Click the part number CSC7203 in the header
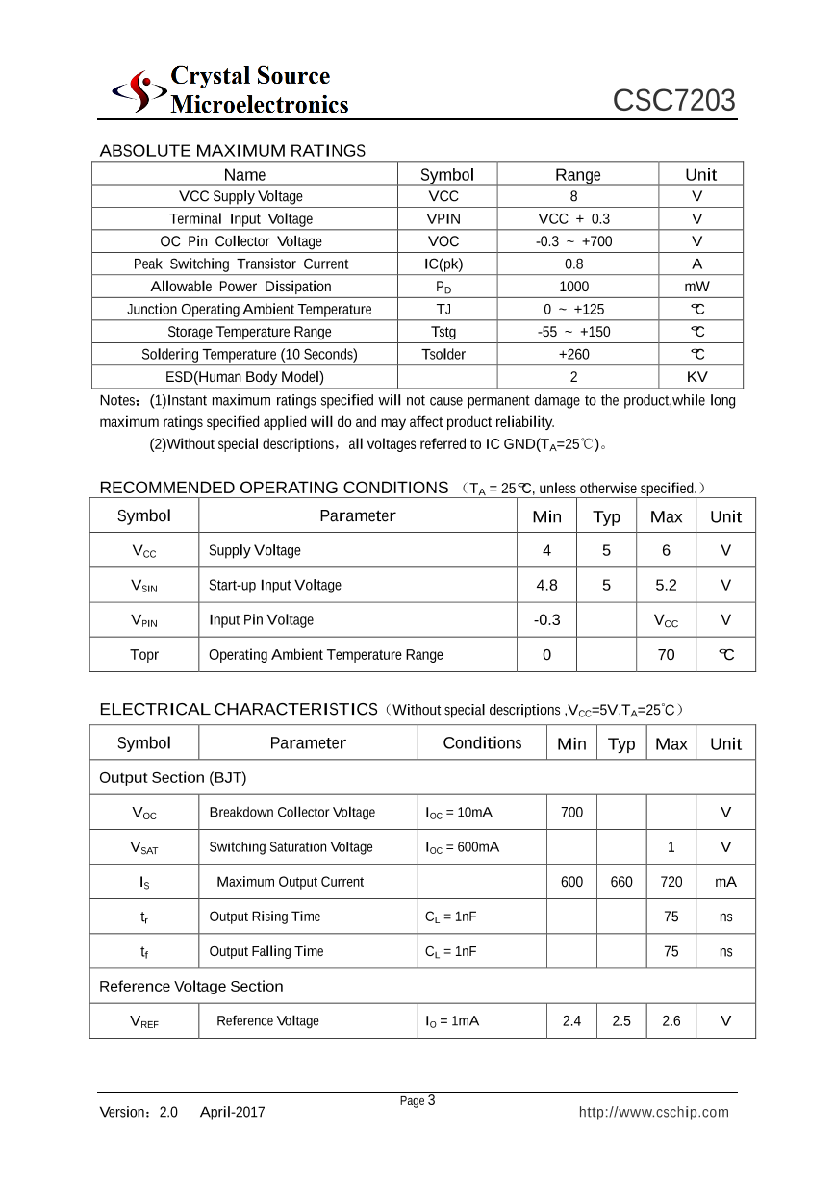point(673,101)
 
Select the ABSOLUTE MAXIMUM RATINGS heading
point(232,151)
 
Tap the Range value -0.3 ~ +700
point(574,241)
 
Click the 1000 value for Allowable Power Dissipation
point(574,287)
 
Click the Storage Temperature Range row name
point(249,332)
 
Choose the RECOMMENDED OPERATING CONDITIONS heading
point(274,488)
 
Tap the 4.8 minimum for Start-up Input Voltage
point(546,585)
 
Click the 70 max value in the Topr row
point(666,655)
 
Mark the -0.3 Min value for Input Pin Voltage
point(546,620)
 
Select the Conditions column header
point(482,743)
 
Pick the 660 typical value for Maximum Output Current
point(621,882)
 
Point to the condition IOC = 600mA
point(462,847)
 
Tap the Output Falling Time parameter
point(266,952)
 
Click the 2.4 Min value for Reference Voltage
point(571,1021)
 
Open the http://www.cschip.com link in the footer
point(653,1113)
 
